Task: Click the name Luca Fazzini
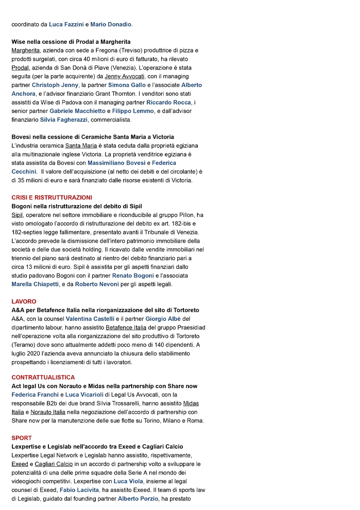tap(66, 24)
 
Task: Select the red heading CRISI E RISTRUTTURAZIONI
tap(52, 197)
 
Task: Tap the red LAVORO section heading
tap(24, 301)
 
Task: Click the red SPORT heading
tap(22, 438)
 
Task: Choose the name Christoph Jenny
tap(56, 85)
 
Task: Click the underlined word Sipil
tap(18, 215)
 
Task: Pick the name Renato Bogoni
tap(133, 276)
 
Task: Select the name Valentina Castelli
tap(90, 319)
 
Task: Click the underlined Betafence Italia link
tap(126, 328)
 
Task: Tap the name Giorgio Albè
tap(152, 319)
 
